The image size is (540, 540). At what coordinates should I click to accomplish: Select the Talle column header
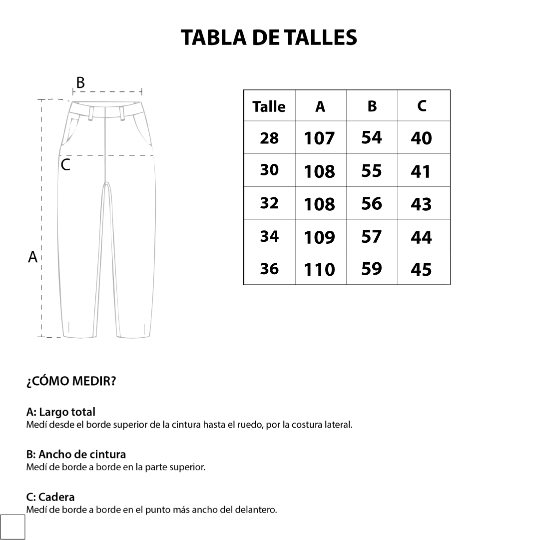point(269,106)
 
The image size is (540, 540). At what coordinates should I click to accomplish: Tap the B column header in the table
point(372,106)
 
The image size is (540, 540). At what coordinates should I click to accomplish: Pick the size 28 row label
point(269,138)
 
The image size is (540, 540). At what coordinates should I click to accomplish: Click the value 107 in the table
point(319,138)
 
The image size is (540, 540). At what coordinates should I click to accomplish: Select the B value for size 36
point(371,269)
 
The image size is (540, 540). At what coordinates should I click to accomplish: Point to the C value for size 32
point(421,204)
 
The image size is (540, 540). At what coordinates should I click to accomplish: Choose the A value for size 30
point(319,171)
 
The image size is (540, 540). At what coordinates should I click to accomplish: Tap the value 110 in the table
point(319,270)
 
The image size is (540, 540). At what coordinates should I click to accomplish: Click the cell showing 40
point(421,138)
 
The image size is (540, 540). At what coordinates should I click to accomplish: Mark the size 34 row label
point(269,236)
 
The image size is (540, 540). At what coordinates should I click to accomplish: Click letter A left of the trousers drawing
point(33,257)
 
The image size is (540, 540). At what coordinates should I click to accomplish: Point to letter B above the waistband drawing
point(80,83)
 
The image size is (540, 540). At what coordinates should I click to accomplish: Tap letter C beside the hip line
point(65,165)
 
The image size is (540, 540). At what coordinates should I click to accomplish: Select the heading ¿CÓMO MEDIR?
point(71,382)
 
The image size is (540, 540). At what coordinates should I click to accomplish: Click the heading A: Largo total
point(60,412)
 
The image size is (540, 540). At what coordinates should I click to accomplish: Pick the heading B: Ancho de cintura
point(76,455)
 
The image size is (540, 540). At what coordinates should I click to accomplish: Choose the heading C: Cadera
point(50,497)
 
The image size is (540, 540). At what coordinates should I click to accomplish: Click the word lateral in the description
point(339,425)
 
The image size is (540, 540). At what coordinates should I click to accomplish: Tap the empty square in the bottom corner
point(12,527)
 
